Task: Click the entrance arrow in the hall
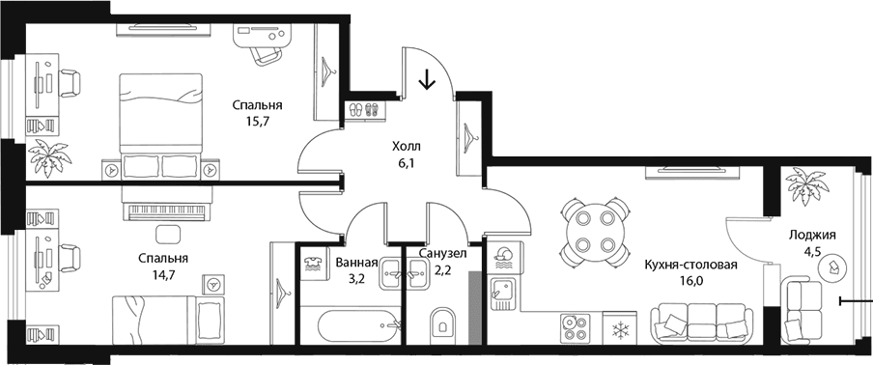[427, 79]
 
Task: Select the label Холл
[407, 147]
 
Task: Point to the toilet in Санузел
[442, 323]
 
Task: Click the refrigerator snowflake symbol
[619, 330]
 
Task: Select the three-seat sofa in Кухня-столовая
[699, 322]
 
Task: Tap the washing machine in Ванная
[315, 265]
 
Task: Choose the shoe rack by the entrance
[365, 110]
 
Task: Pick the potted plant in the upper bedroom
[50, 156]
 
